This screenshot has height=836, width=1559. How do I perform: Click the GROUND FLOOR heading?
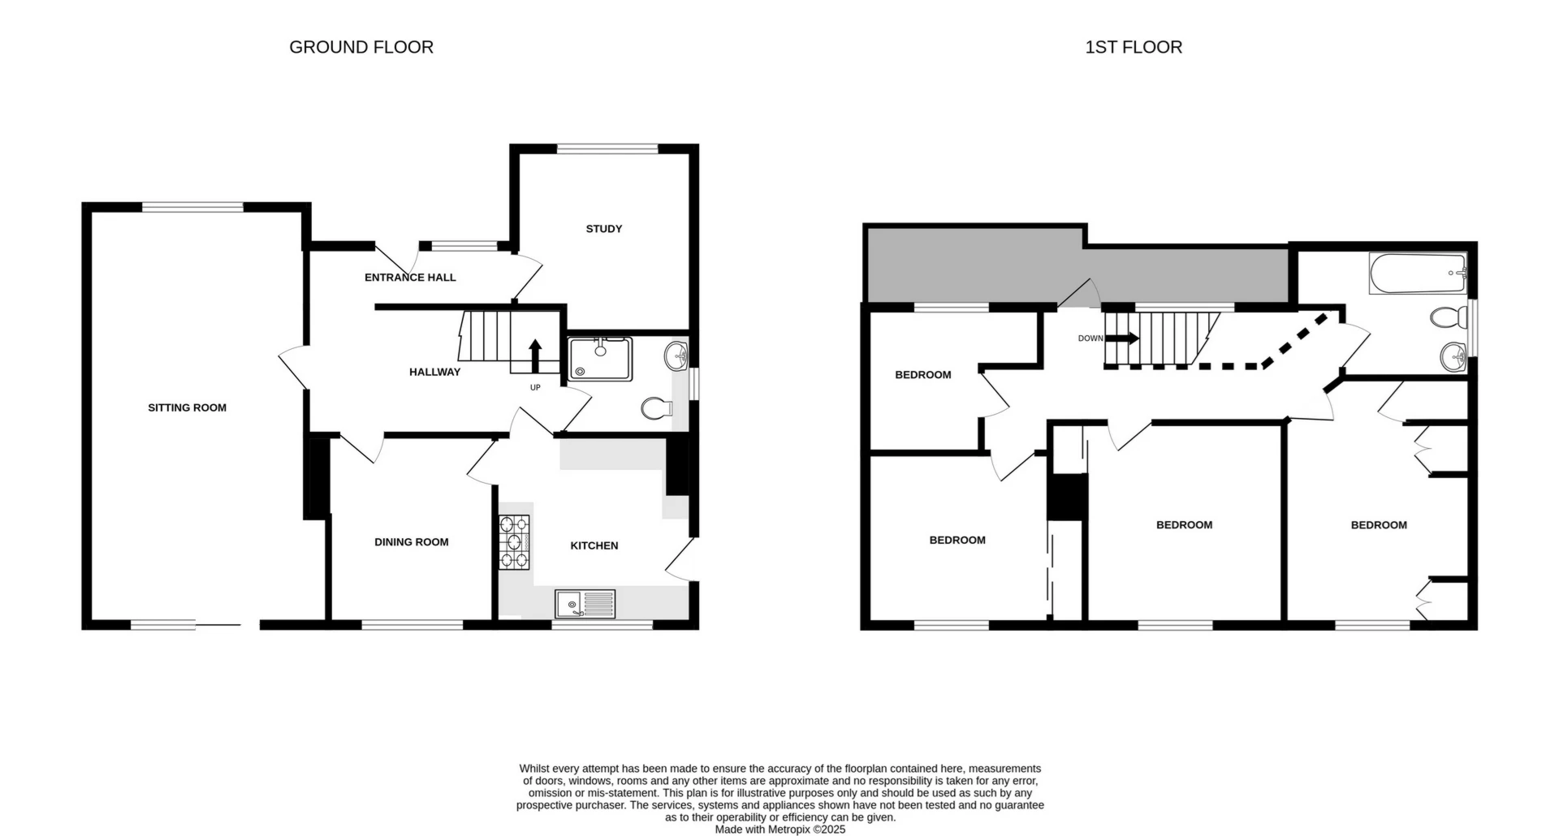coord(361,47)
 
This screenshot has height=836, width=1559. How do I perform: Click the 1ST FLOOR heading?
coord(1134,47)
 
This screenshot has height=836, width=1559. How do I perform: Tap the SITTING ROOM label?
coord(187,407)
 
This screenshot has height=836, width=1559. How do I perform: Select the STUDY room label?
coord(603,229)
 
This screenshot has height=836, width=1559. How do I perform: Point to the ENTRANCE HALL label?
coord(410,278)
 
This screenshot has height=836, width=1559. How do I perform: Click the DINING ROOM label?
coord(411,542)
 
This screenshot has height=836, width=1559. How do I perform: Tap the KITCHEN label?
coord(594,545)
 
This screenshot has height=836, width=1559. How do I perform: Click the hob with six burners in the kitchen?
coord(514,541)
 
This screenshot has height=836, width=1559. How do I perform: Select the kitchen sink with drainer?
coord(585,604)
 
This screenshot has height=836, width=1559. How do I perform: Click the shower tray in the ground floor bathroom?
coord(601,360)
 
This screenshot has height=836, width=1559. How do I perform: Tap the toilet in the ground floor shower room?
coord(656,408)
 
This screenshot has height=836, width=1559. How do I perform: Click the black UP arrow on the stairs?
coord(535,355)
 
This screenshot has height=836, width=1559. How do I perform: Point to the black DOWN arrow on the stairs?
coord(1122,338)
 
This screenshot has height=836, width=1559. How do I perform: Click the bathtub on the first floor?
coord(1418,274)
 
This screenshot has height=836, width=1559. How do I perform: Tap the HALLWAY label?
coord(434,372)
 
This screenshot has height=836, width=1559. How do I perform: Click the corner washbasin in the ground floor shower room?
coord(676,356)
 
